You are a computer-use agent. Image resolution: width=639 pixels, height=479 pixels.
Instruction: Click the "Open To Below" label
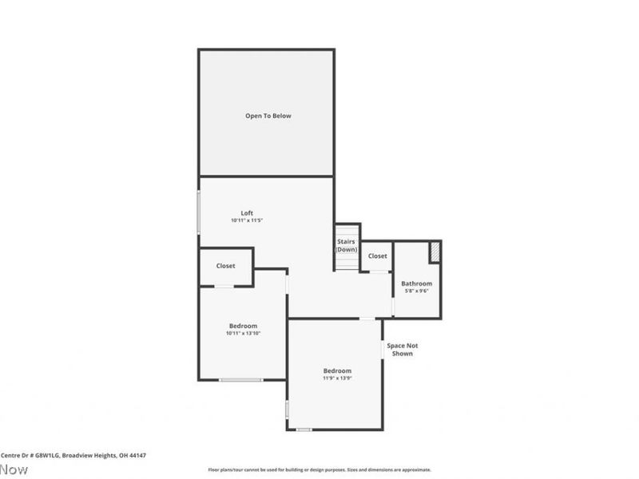268,116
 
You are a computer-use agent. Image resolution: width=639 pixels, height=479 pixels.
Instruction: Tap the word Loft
247,213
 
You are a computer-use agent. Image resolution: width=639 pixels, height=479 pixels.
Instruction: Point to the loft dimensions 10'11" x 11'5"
247,220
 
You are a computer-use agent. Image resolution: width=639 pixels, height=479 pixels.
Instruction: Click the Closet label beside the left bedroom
225,266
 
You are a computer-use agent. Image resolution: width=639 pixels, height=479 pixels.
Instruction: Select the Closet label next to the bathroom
377,256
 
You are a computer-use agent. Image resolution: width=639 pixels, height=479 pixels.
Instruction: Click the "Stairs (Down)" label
346,245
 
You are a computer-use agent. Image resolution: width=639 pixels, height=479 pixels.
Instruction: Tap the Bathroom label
416,283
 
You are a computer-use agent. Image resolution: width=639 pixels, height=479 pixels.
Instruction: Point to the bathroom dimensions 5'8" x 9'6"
416,291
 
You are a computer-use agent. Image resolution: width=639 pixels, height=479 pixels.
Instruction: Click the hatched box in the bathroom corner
435,251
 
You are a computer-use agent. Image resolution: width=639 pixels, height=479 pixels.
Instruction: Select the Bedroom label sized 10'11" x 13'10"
243,326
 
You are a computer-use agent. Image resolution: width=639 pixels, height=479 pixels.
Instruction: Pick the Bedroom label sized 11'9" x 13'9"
337,370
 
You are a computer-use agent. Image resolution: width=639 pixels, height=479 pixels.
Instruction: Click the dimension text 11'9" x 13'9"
337,378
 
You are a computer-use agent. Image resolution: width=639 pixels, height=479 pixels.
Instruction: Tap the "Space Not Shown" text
402,349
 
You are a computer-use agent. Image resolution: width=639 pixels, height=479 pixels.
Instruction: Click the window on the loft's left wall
199,212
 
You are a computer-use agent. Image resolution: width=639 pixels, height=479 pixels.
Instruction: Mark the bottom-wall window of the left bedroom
241,380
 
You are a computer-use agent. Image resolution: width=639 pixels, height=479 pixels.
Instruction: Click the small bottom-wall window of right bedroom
304,430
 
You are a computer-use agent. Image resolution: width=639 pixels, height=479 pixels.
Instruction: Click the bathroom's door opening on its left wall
393,305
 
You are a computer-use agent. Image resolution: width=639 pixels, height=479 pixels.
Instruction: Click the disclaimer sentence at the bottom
319,469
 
